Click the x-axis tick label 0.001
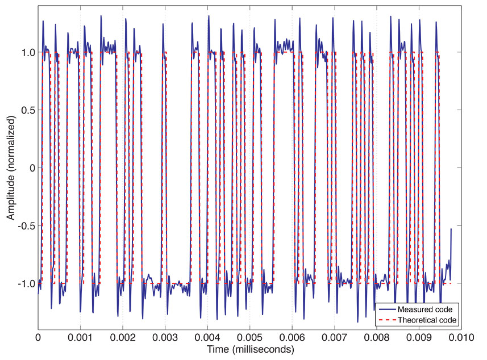tap(80, 336)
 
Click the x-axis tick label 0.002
tap(122, 336)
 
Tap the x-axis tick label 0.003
tap(165, 336)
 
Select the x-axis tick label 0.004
tap(207, 336)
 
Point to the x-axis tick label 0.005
tap(249, 336)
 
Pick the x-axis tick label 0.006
tap(292, 336)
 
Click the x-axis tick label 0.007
tap(334, 336)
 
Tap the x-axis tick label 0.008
tap(377, 336)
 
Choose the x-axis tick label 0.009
tap(419, 336)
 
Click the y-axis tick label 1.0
tap(26, 52)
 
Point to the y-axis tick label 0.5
tap(26, 110)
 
